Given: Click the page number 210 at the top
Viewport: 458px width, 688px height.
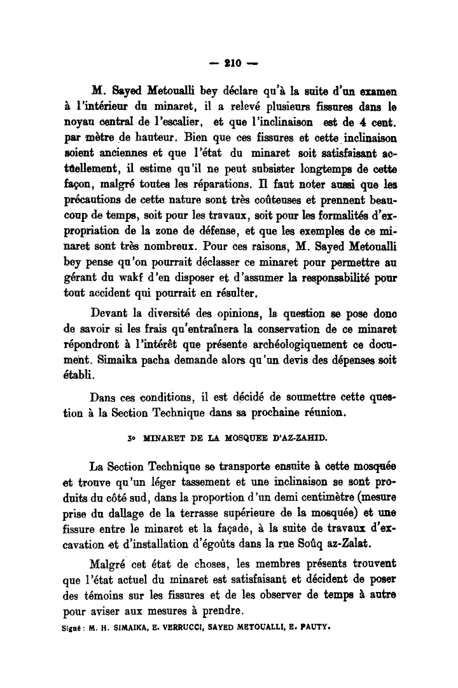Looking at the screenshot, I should pyautogui.click(x=229, y=63).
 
